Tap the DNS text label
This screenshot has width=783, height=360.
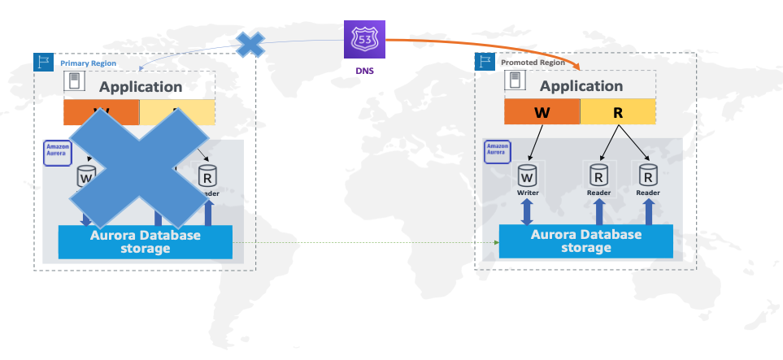365,71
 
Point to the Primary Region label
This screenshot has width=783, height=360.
89,63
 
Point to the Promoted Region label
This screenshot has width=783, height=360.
533,62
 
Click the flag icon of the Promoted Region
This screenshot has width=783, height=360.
485,61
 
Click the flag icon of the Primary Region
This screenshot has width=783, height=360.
43,62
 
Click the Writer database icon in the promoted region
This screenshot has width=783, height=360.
527,175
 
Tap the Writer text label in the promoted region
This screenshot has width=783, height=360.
527,193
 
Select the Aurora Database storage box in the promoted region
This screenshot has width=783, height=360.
585,241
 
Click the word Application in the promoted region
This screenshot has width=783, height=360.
581,86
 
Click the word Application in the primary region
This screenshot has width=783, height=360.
141,87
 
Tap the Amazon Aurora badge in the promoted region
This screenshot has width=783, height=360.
497,149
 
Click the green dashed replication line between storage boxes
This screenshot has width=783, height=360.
366,242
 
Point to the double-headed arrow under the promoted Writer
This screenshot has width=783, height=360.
527,212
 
